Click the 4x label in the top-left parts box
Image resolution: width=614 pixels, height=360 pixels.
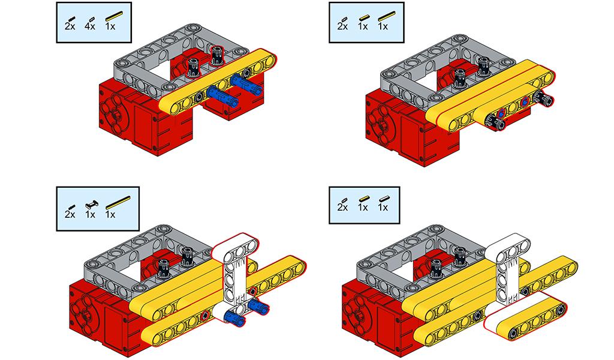pyautogui.click(x=90, y=26)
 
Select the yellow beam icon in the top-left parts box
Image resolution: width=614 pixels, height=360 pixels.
pyautogui.click(x=114, y=16)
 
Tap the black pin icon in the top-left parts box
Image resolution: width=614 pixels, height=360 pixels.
pyautogui.click(x=71, y=19)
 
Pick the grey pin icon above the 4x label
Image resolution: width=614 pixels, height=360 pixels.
pyautogui.click(x=91, y=19)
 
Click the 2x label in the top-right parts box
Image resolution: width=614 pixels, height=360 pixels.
pyautogui.click(x=342, y=26)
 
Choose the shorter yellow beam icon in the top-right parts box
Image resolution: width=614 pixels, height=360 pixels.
pyautogui.click(x=364, y=17)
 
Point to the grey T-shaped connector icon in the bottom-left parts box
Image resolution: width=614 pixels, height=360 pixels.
pyautogui.click(x=92, y=203)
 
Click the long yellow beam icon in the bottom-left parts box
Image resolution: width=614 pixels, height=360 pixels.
pyautogui.click(x=118, y=202)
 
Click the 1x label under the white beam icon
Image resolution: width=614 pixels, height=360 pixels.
pyautogui.click(x=383, y=207)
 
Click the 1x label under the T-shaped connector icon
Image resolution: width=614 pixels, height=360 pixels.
pyautogui.click(x=90, y=215)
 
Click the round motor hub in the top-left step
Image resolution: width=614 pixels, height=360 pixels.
pyautogui.click(x=117, y=113)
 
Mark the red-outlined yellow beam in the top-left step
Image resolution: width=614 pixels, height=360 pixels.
pyautogui.click(x=218, y=82)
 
